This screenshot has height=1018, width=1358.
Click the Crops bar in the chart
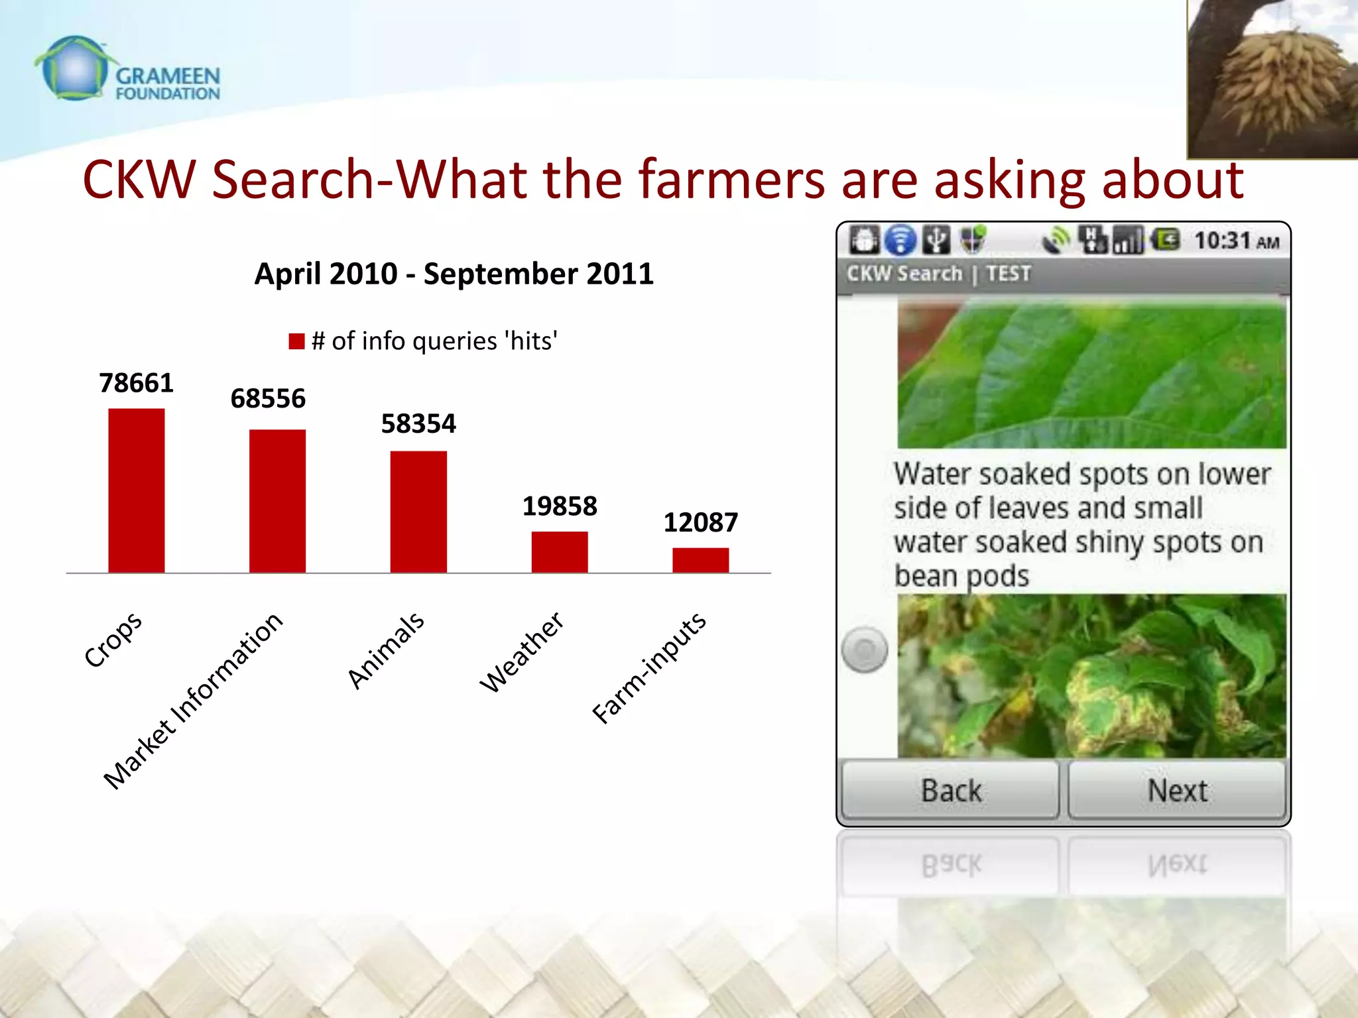click(x=137, y=490)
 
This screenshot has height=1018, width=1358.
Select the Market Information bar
click(x=277, y=501)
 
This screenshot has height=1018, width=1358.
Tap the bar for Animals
click(x=418, y=512)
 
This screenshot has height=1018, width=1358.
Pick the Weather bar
click(x=559, y=552)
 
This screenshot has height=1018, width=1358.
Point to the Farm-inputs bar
click(x=700, y=560)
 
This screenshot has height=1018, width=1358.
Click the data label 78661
click(x=136, y=383)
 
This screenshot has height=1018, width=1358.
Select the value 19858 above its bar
click(x=560, y=506)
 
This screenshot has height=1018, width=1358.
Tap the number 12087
click(x=700, y=523)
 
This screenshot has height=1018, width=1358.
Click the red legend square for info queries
click(x=296, y=341)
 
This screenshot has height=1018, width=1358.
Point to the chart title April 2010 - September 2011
click(x=454, y=274)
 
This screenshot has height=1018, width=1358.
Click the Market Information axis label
click(x=192, y=701)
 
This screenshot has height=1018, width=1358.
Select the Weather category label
click(x=521, y=652)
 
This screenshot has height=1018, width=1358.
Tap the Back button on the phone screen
click(x=950, y=790)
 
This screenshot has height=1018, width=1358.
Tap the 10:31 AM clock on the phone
click(x=1236, y=241)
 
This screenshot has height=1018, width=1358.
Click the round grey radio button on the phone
click(x=865, y=650)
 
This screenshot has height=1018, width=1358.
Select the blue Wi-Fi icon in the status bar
click(x=900, y=240)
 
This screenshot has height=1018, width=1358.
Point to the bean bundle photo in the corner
click(x=1272, y=80)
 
